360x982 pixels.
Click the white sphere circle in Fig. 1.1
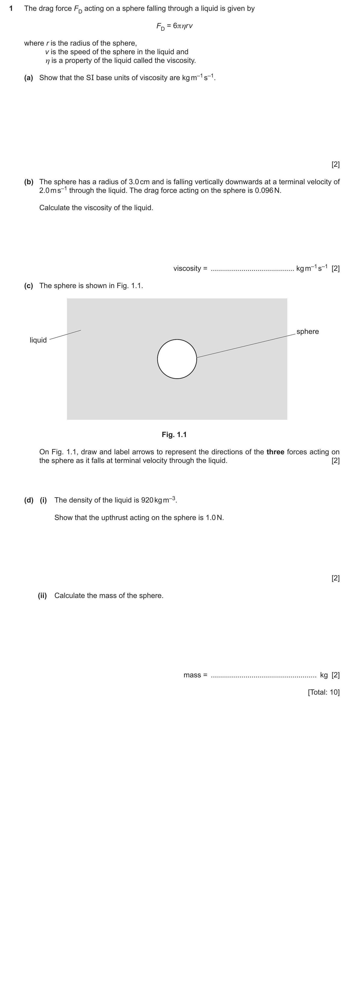177,359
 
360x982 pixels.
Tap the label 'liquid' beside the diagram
38,340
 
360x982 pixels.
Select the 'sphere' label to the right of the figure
307,331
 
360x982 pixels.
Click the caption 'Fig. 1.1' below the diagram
174,435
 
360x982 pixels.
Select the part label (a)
29,78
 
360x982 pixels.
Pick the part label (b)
29,182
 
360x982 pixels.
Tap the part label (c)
29,286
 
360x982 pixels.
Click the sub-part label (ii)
42,595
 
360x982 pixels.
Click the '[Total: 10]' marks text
323,692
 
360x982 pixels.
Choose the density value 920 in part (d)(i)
147,500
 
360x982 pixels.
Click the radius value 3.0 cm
139,182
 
